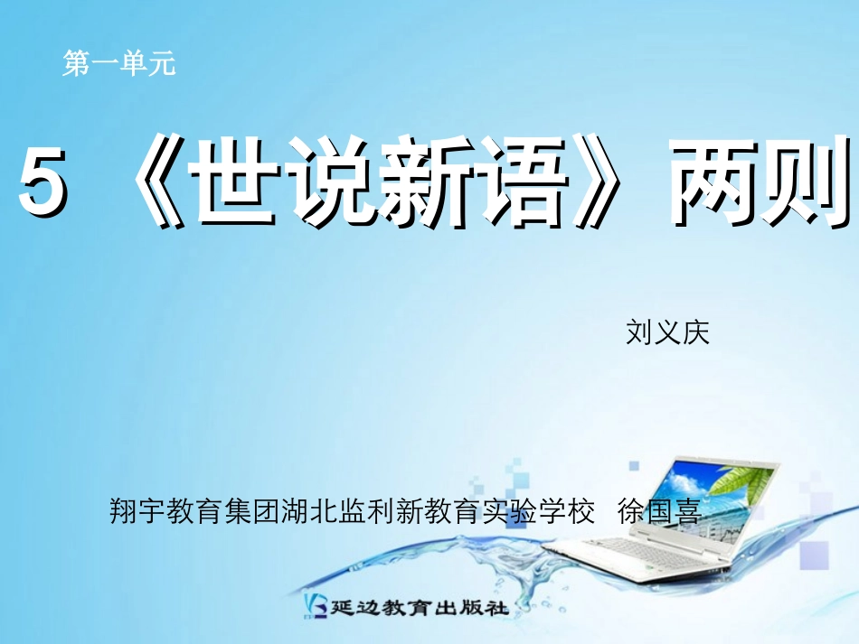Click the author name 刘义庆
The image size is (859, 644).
(667, 332)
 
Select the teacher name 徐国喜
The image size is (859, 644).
(659, 513)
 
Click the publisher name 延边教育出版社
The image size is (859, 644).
(421, 607)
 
